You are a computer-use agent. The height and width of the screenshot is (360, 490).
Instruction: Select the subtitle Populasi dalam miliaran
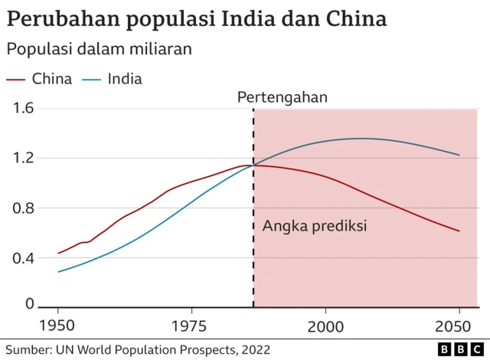[99, 49]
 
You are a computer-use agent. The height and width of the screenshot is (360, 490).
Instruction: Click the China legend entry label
[52, 78]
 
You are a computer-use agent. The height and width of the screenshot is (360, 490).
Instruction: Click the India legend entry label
[125, 78]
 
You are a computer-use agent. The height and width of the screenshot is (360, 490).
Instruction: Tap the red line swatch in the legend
[17, 79]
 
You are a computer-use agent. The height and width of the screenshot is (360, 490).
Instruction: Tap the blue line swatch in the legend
[91, 79]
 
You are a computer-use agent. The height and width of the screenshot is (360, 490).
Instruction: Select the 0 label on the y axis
[30, 304]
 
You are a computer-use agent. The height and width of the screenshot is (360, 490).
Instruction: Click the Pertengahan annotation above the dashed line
[282, 97]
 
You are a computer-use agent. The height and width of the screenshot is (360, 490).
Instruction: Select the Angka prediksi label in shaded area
[315, 226]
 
